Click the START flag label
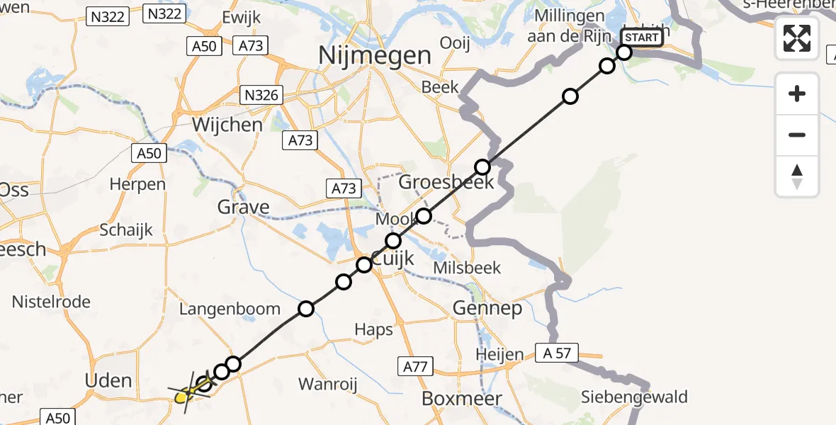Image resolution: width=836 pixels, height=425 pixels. point(642,37)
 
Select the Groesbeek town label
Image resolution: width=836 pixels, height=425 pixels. point(436,182)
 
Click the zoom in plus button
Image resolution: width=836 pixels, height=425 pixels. point(797,93)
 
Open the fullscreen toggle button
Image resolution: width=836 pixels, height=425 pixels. point(797,38)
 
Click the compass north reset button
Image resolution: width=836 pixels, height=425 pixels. point(797,176)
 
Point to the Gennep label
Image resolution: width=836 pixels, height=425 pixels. point(488,308)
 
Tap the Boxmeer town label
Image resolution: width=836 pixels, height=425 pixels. point(463,398)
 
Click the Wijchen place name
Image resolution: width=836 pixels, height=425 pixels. point(227,125)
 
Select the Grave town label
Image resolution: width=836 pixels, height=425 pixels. point(244,208)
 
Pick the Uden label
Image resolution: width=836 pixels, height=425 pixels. point(108,380)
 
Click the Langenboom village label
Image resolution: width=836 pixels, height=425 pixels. point(230,309)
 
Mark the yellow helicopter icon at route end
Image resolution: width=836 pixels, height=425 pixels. point(183,395)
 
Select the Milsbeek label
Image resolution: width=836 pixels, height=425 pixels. point(467,268)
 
